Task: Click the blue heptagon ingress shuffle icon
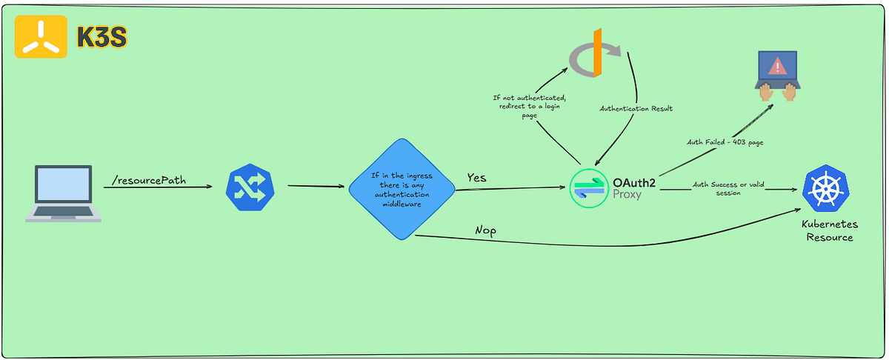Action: point(250,188)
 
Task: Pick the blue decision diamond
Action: point(402,188)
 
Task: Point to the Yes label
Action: point(476,178)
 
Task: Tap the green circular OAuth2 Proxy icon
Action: point(588,188)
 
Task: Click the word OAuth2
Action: point(633,181)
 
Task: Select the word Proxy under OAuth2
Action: point(627,195)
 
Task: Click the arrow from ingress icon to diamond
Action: point(316,186)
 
